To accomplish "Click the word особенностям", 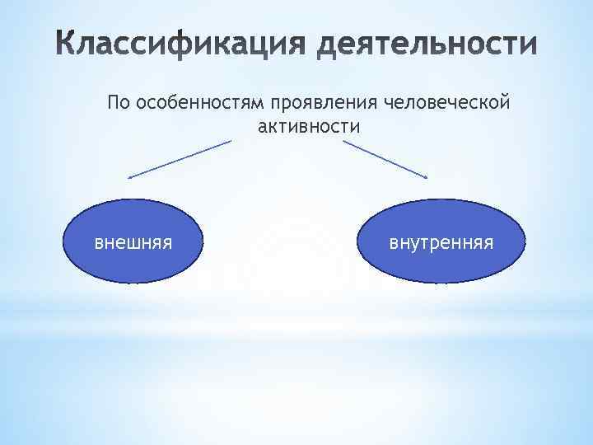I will [198, 105].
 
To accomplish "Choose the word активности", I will [309, 126].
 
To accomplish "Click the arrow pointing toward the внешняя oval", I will [180, 158].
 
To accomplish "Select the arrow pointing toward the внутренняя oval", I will [386, 158].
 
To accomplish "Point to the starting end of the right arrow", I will [343, 141].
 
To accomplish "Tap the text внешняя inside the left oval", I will [133, 243].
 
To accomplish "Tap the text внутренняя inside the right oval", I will [441, 243].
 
